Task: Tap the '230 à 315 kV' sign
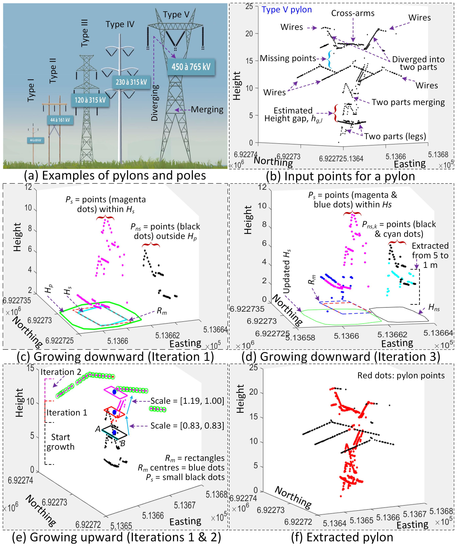(131, 82)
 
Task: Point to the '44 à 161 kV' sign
(60, 120)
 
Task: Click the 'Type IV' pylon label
(120, 24)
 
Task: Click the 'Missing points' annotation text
(288, 58)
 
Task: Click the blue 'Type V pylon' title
(287, 10)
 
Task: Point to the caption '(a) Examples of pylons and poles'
(115, 176)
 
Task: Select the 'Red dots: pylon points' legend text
(401, 375)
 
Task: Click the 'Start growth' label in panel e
(60, 442)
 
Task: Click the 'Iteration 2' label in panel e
(61, 372)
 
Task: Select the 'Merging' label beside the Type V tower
(207, 110)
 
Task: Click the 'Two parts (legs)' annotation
(395, 136)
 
